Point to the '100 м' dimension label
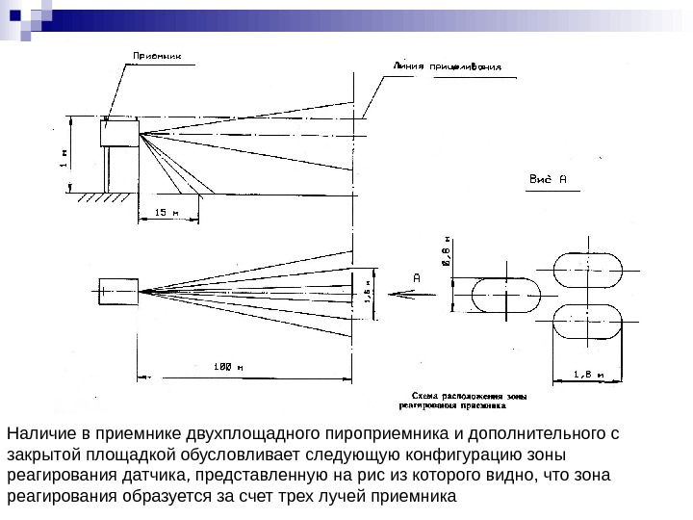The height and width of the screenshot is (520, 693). click(227, 365)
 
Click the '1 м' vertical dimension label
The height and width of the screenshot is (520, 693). click(64, 158)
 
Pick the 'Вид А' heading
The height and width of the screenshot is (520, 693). click(550, 178)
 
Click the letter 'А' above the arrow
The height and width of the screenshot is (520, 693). click(417, 277)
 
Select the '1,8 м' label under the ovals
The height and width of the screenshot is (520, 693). click(587, 374)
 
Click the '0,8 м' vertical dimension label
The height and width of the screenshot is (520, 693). click(445, 252)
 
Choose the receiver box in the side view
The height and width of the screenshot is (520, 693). click(121, 132)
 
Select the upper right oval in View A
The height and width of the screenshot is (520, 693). click(588, 272)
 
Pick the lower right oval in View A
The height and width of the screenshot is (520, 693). click(588, 322)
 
